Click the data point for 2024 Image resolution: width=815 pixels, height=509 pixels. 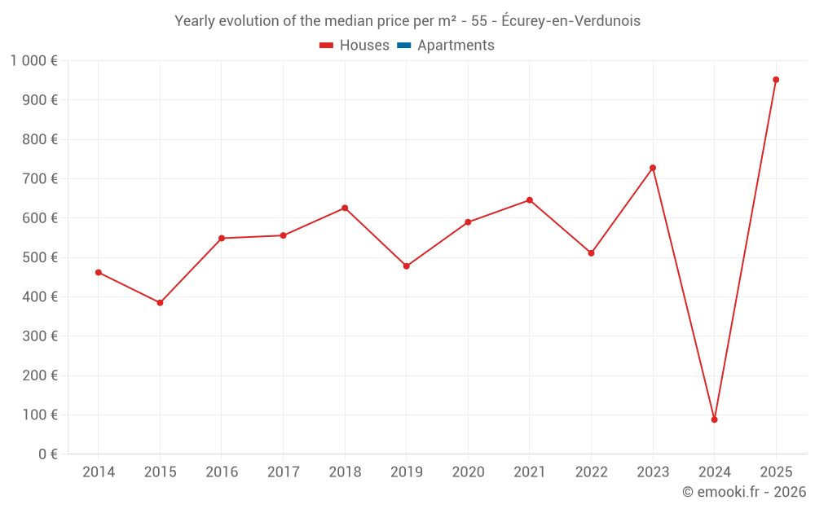tap(714, 419)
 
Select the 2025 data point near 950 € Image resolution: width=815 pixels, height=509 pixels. tap(776, 80)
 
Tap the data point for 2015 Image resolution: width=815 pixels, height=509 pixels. tap(160, 303)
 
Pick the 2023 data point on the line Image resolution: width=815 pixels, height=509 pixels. tap(653, 168)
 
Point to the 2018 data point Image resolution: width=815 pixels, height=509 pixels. tap(345, 208)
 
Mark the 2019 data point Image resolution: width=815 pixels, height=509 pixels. tap(406, 266)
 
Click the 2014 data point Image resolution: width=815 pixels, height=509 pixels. tap(99, 273)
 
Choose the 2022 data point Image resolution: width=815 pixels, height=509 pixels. tap(591, 253)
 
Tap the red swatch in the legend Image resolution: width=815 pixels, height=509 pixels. tap(327, 46)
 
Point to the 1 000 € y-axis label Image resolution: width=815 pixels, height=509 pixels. tap(34, 61)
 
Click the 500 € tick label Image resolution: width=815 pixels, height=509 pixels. tap(38, 257)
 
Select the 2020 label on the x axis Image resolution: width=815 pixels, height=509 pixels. tap(468, 472)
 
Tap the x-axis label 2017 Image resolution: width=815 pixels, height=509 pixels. tap(283, 472)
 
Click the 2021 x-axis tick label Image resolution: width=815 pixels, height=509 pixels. tap(529, 472)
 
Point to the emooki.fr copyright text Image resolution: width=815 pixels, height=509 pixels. tap(743, 492)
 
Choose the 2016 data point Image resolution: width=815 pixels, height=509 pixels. tap(222, 238)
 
